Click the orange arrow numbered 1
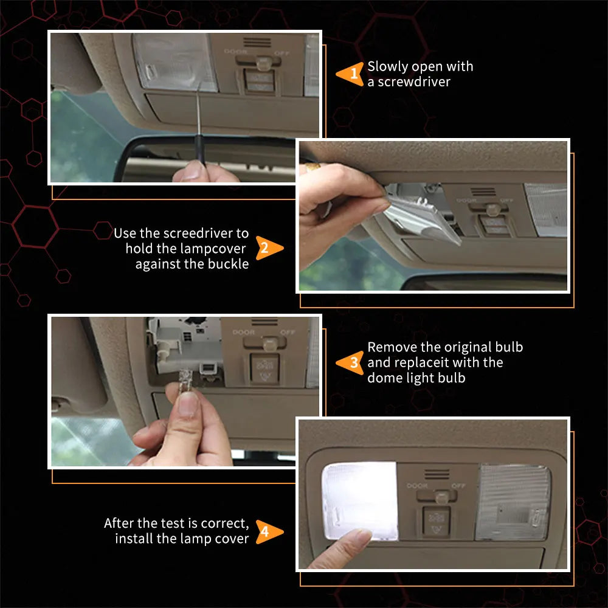click(x=350, y=74)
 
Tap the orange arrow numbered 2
click(x=269, y=248)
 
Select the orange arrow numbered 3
click(x=350, y=362)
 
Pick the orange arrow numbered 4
click(x=269, y=531)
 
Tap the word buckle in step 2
click(x=229, y=264)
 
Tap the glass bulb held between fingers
click(x=185, y=381)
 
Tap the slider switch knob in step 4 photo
click(x=441, y=496)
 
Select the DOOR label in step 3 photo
click(x=244, y=333)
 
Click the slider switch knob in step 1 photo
click(x=263, y=63)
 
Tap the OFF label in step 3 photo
click(x=288, y=333)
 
